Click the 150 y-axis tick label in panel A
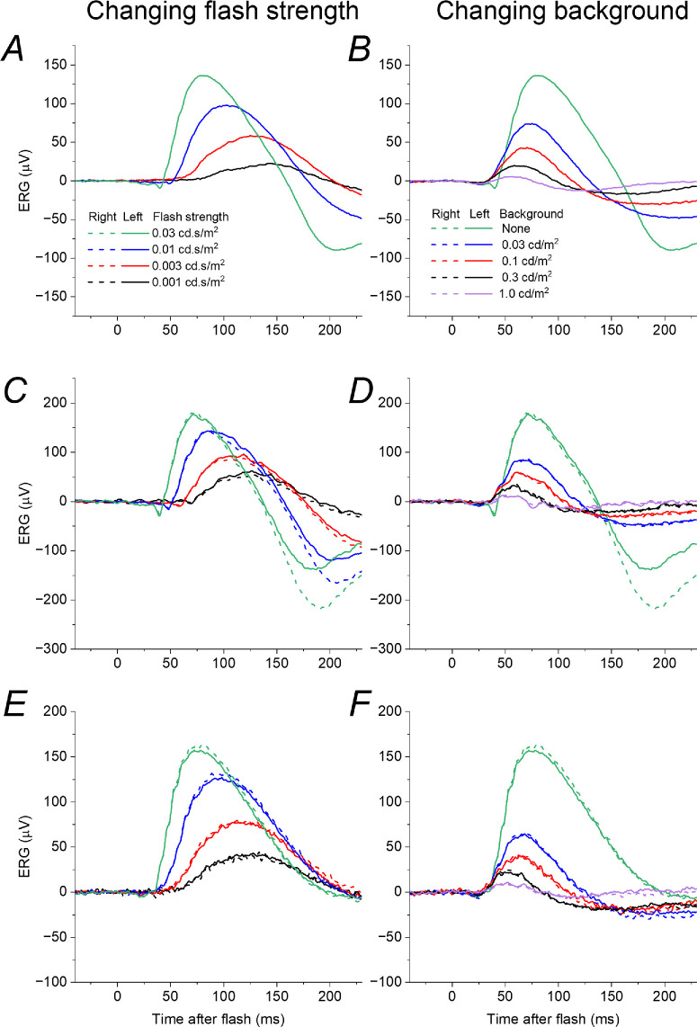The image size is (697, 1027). (56, 65)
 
